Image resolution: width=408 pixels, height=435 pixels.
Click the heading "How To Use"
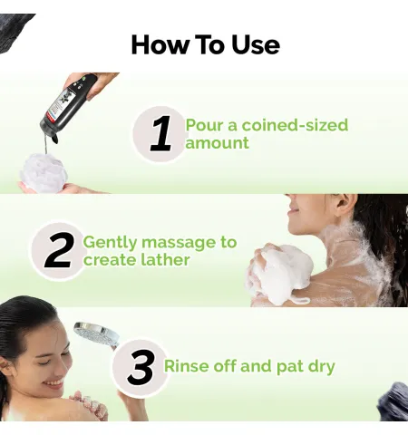206,44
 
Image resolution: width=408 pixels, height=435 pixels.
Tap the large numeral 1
160,134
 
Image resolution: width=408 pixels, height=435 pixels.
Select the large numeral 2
59,251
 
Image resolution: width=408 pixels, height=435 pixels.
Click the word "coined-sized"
295,125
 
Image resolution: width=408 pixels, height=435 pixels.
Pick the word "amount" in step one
217,143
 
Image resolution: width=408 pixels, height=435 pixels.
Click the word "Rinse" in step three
187,366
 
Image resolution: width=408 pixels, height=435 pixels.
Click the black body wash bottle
68,107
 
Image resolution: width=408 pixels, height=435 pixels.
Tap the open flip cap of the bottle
54,139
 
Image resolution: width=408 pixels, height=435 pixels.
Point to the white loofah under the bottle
44,172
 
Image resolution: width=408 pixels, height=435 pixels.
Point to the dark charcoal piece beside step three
393,401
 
